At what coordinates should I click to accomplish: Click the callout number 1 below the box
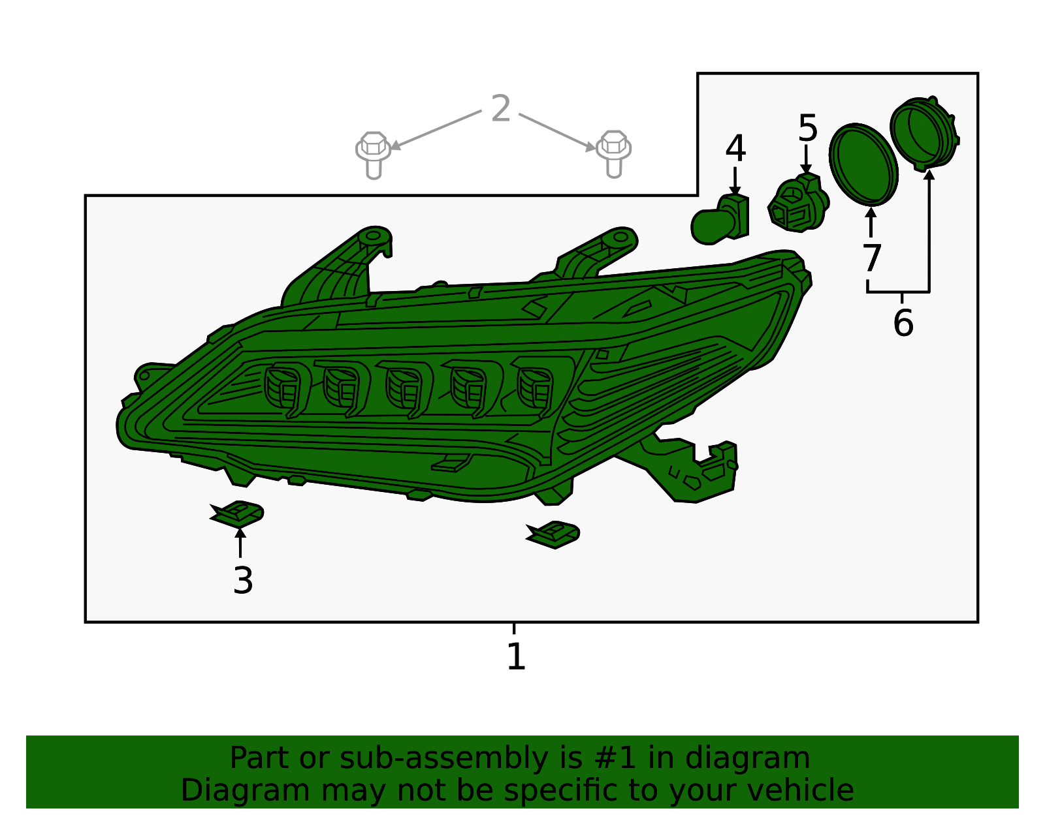[x=516, y=656]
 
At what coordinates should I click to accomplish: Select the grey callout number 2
[x=500, y=108]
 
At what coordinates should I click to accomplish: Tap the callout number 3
[x=243, y=581]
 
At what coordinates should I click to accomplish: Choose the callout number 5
[x=807, y=129]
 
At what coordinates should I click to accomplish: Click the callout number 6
[x=903, y=323]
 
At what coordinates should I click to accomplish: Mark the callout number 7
[x=871, y=258]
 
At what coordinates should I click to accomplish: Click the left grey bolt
[x=373, y=155]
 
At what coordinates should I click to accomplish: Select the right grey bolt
[x=613, y=154]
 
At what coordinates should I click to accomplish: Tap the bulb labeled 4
[x=720, y=220]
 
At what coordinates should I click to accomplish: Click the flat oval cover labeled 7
[x=863, y=164]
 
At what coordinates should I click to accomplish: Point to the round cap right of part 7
[x=924, y=134]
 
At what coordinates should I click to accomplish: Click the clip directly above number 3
[x=237, y=514]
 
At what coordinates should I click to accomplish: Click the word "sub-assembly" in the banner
[x=444, y=758]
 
